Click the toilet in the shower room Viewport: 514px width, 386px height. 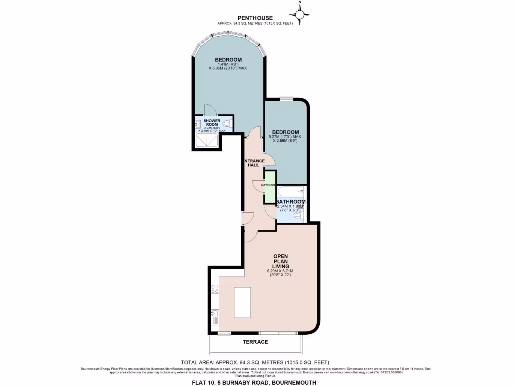coord(227,123)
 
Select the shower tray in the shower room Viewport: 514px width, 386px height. coord(206,140)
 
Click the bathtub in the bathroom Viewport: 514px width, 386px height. coord(291,191)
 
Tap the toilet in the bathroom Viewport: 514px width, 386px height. coord(298,216)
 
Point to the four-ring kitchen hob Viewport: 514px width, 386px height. coord(215,289)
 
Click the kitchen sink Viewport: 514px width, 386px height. coord(215,317)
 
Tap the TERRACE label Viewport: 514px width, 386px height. coord(255,342)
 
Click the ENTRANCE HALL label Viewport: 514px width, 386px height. coord(253,163)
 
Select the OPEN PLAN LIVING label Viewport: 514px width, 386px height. coord(280,261)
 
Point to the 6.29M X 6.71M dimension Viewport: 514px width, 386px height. coord(280,272)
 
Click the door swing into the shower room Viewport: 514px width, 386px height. coord(210,111)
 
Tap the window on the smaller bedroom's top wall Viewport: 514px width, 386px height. coord(286,99)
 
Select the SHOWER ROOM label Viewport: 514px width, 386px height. coord(212,123)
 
